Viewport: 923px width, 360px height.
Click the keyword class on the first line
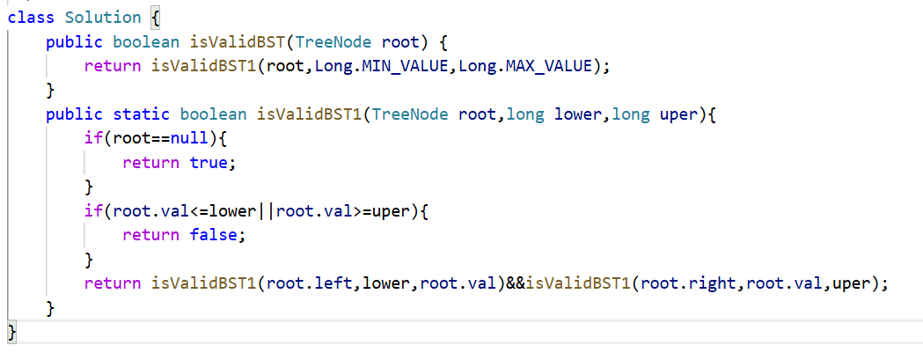tap(30, 18)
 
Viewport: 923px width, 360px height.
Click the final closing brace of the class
tap(11, 332)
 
